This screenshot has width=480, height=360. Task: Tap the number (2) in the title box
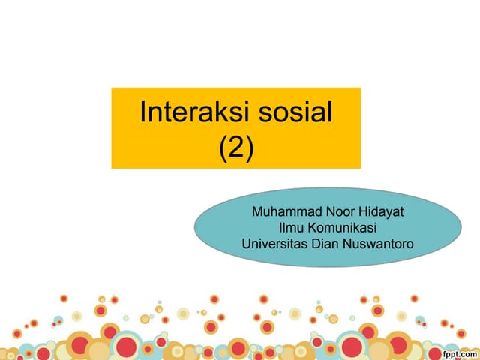click(x=236, y=148)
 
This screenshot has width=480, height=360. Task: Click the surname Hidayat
click(x=379, y=212)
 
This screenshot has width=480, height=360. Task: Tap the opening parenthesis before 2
click(x=222, y=148)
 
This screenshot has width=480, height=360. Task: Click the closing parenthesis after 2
click(x=250, y=148)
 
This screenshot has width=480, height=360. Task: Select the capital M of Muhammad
click(x=258, y=212)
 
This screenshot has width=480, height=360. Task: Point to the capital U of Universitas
click(x=246, y=243)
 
